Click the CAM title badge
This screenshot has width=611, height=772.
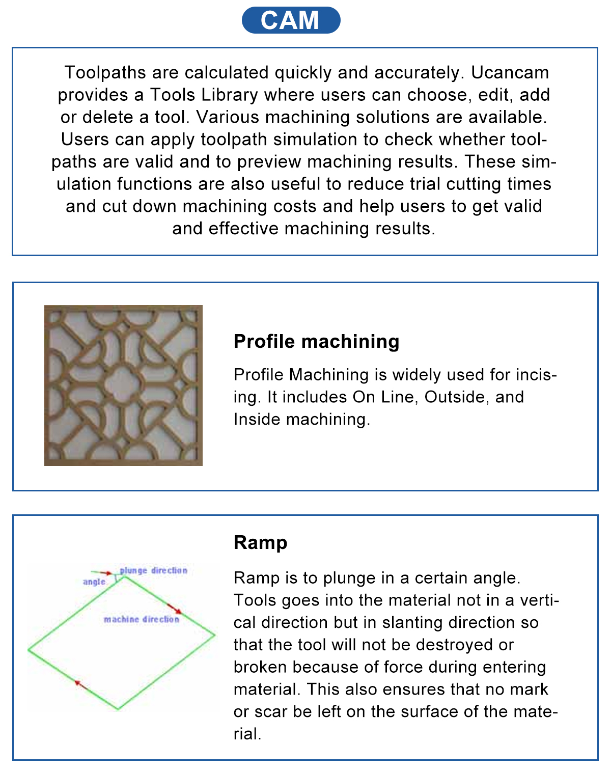(291, 20)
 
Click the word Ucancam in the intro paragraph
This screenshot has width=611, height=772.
(510, 73)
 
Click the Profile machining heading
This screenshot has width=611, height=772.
(316, 341)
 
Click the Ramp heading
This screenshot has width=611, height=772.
(260, 542)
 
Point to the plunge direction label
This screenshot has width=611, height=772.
(154, 570)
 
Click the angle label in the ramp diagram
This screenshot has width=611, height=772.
(94, 582)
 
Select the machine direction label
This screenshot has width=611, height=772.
(142, 619)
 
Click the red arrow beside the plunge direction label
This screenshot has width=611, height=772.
(105, 573)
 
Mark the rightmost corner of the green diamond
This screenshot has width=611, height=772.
(214, 635)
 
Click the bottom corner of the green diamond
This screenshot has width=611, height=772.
(118, 708)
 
